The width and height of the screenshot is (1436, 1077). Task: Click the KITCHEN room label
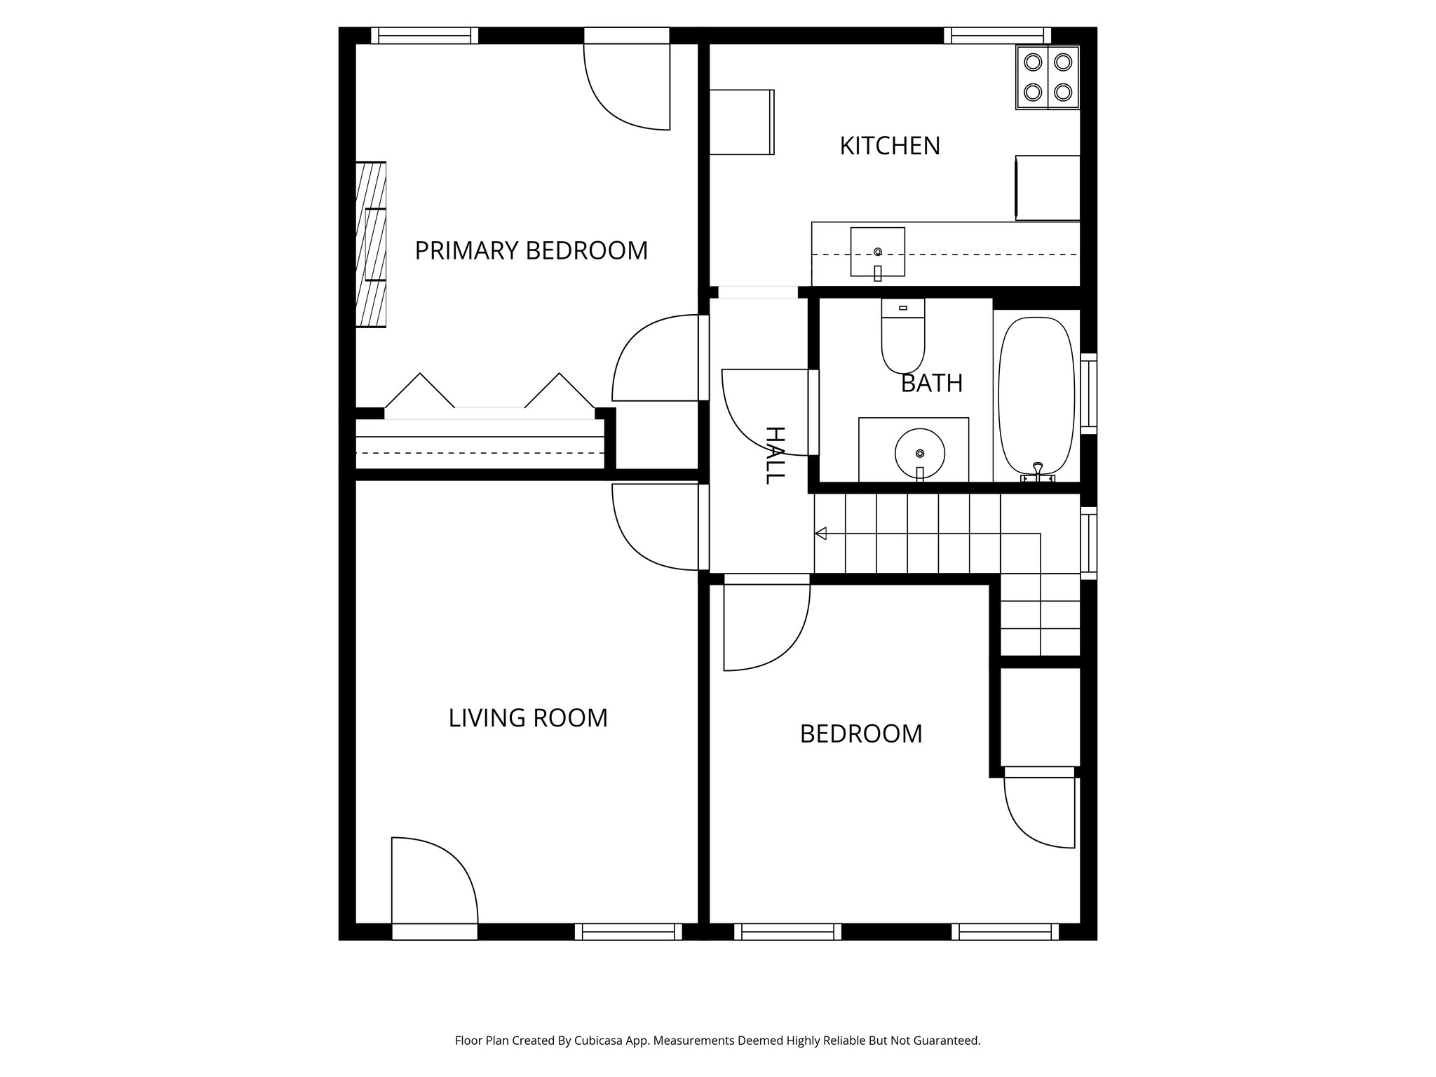click(x=889, y=146)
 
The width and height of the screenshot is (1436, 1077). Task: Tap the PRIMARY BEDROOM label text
click(x=531, y=251)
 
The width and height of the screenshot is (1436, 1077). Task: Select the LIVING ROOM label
click(x=527, y=718)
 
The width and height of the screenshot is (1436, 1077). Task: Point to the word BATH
click(x=931, y=384)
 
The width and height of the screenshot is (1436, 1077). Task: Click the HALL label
click(x=773, y=455)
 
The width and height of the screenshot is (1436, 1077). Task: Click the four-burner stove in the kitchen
click(x=1048, y=77)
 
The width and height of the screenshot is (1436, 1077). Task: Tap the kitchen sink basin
click(x=877, y=252)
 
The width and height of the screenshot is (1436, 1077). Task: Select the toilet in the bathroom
click(x=903, y=336)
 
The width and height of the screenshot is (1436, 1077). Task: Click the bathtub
click(x=1036, y=397)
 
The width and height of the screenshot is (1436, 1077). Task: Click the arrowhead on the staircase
click(x=820, y=534)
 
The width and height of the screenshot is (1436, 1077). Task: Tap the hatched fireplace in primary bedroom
click(x=371, y=244)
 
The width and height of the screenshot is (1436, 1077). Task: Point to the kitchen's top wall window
click(x=997, y=35)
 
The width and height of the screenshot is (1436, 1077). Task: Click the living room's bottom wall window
click(x=628, y=931)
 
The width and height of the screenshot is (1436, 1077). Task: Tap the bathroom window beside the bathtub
click(x=1088, y=393)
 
